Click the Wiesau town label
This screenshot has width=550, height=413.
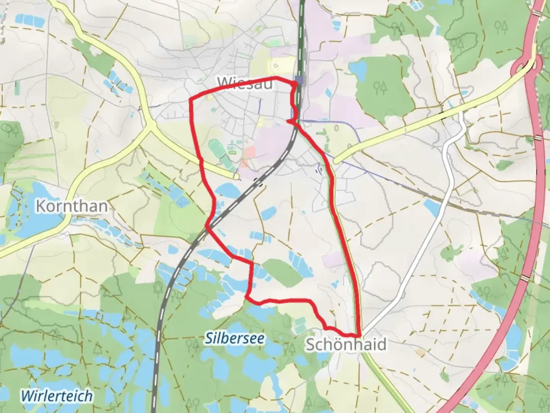click(245, 83)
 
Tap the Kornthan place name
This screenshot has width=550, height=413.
click(72, 206)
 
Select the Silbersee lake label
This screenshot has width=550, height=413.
click(235, 338)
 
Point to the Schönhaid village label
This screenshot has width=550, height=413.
click(346, 345)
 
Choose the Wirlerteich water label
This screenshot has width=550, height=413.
click(57, 395)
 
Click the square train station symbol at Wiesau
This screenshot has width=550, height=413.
click(299, 80)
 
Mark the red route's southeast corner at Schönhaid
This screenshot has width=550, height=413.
click(359, 334)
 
